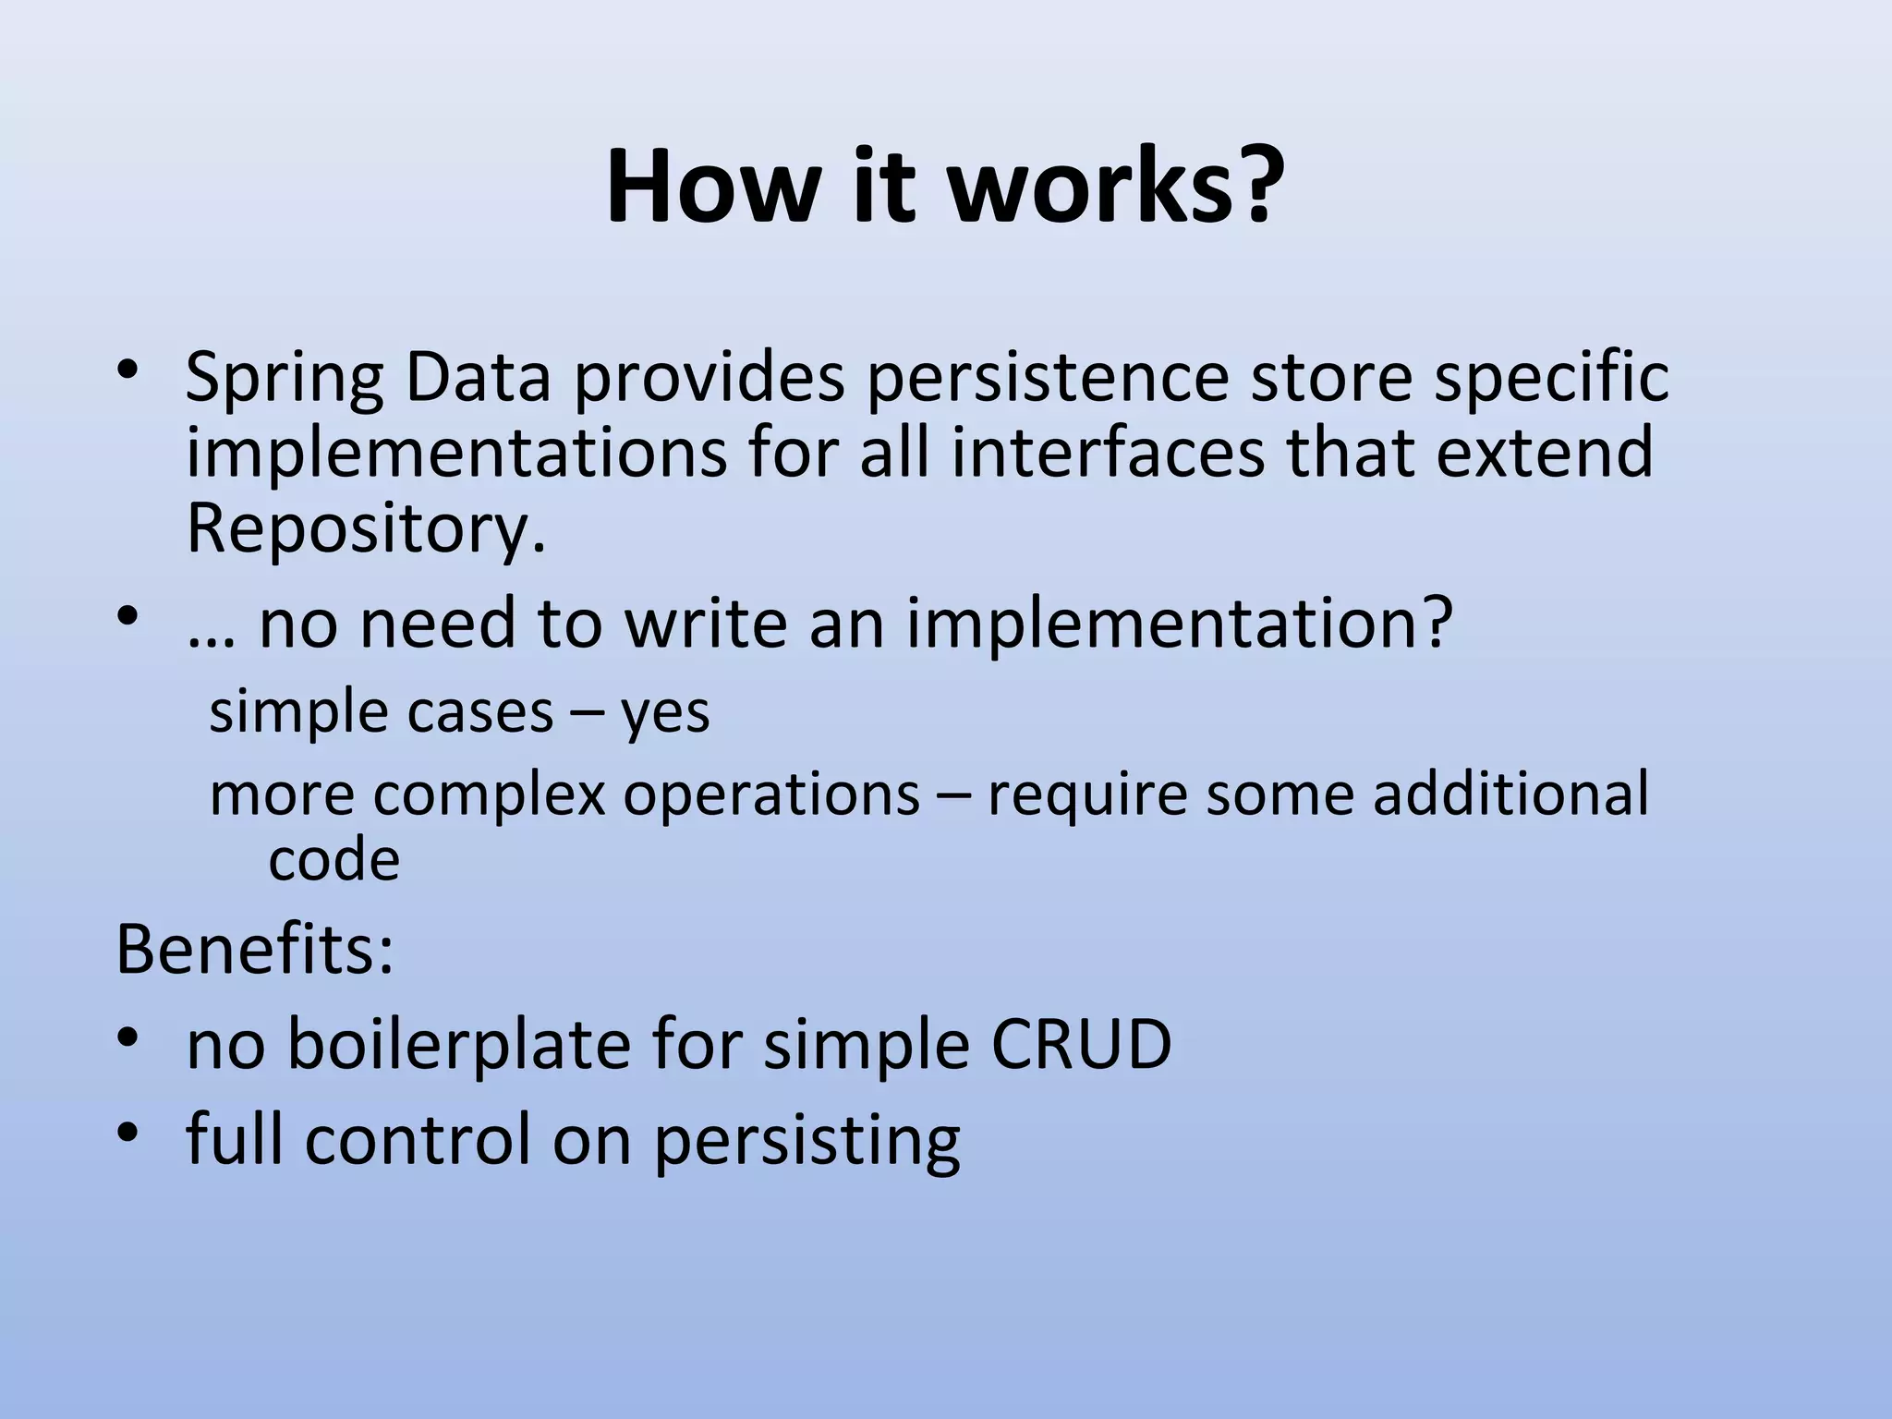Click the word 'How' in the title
(712, 186)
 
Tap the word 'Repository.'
(366, 528)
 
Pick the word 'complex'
(489, 795)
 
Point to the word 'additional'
(1510, 794)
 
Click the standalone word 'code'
(334, 861)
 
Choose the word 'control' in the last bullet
(419, 1139)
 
